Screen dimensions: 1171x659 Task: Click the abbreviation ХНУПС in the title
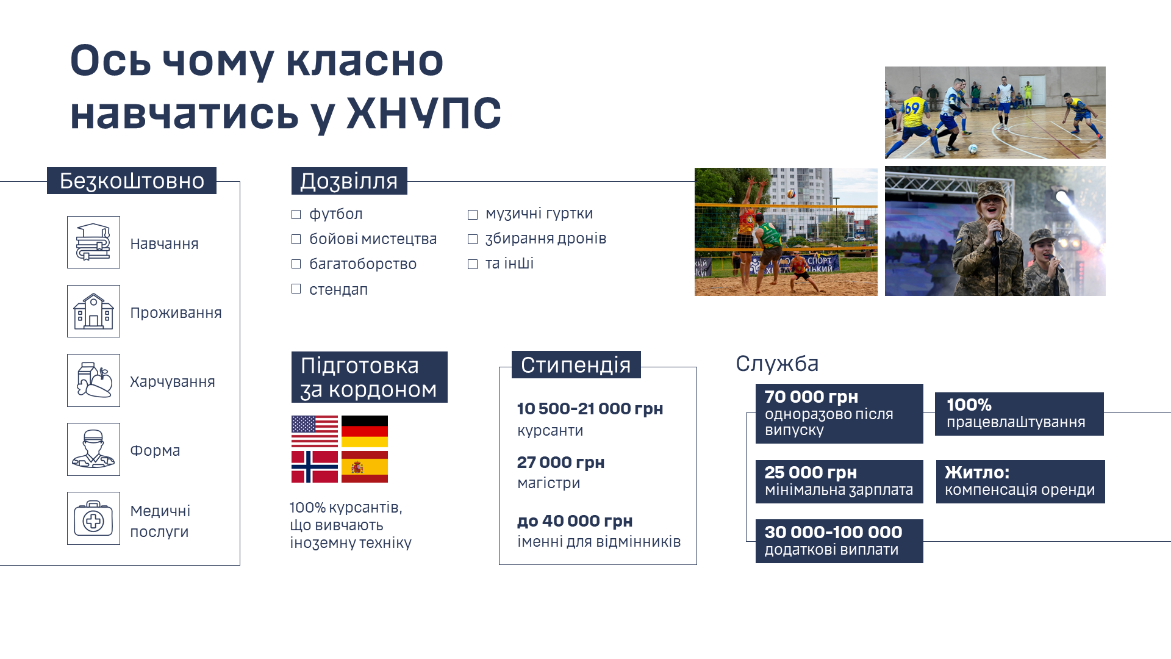click(423, 113)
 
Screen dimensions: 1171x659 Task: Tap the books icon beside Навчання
click(93, 242)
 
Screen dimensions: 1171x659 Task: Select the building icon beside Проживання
click(93, 311)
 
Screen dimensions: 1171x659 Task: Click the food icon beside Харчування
click(93, 380)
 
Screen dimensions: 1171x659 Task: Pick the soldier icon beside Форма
click(93, 449)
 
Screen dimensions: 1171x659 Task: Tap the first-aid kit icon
click(93, 518)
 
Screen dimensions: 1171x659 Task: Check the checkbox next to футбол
click(296, 214)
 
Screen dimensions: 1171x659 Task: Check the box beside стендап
click(296, 289)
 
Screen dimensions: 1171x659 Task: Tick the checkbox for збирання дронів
click(473, 239)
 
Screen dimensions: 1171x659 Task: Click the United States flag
click(315, 431)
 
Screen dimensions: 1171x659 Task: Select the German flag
click(365, 431)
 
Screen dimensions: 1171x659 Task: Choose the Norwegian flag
click(315, 467)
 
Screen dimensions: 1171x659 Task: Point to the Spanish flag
click(365, 467)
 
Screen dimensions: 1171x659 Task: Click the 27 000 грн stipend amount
click(561, 463)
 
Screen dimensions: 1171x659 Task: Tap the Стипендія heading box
click(576, 365)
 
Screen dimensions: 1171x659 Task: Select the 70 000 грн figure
click(812, 397)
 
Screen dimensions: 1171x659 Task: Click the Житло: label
click(977, 472)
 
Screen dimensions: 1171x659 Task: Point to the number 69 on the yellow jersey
click(912, 108)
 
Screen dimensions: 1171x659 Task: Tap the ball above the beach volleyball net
click(791, 193)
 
